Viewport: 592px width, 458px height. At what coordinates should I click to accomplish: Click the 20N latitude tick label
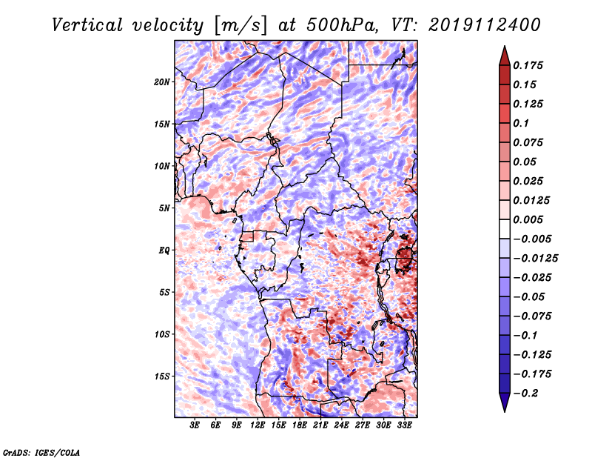[x=162, y=82]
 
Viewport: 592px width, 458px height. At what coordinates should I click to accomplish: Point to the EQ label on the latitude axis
[x=164, y=250]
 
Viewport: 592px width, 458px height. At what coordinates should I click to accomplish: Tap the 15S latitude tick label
[x=162, y=376]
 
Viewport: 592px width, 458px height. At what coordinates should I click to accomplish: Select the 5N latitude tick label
[x=164, y=208]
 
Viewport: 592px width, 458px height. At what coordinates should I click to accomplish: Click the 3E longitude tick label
[x=195, y=425]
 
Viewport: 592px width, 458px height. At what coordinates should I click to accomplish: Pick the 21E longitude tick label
[x=320, y=425]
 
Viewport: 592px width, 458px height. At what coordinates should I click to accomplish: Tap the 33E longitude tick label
[x=404, y=425]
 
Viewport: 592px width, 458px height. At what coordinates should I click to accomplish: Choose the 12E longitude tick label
[x=257, y=425]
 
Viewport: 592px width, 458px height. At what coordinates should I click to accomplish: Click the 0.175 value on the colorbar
[x=528, y=65]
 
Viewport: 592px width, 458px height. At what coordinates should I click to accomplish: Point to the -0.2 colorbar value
[x=526, y=394]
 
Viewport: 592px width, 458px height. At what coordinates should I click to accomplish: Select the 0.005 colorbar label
[x=528, y=219]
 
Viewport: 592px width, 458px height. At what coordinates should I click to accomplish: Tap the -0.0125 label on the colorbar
[x=535, y=259]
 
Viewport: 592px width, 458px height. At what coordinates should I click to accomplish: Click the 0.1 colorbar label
[x=521, y=123]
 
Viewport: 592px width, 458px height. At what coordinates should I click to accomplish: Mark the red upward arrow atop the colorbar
[x=505, y=56]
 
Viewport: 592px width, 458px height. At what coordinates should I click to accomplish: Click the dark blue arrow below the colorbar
[x=505, y=402]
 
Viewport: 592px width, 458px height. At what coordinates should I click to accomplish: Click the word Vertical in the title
[x=87, y=25]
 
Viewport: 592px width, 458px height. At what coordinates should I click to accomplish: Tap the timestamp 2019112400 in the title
[x=485, y=25]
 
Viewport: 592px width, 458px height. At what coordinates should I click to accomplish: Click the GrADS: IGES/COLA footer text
[x=41, y=453]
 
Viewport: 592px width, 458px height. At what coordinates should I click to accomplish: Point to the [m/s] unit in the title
[x=240, y=26]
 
